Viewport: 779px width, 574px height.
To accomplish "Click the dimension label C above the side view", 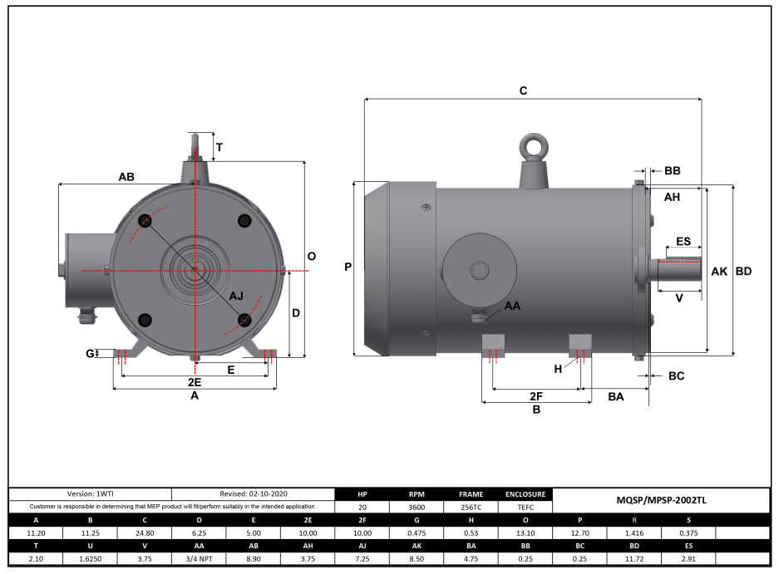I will pos(523,91).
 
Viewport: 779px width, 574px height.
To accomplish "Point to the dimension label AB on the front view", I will pos(126,177).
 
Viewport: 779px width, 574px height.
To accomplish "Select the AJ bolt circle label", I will pos(237,297).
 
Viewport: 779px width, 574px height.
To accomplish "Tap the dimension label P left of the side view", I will pos(348,267).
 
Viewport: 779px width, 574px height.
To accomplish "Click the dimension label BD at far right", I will pos(744,272).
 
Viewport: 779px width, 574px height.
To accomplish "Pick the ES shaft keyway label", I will pos(683,242).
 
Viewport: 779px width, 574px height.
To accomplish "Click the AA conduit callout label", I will pos(513,307).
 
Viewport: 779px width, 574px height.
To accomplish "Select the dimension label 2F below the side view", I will pos(536,396).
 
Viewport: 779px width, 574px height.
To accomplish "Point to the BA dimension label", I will pos(616,398).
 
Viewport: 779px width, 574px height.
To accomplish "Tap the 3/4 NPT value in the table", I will pos(198,559).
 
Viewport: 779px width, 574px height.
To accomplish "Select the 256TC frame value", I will pos(471,507).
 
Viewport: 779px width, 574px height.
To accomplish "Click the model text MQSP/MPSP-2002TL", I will pos(661,500).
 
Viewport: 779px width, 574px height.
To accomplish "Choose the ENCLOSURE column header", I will pos(525,493).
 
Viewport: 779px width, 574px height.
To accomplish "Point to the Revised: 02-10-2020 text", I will pos(253,493).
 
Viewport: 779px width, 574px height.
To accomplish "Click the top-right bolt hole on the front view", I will pos(244,220).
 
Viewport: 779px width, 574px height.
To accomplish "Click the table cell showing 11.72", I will pos(634,559).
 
